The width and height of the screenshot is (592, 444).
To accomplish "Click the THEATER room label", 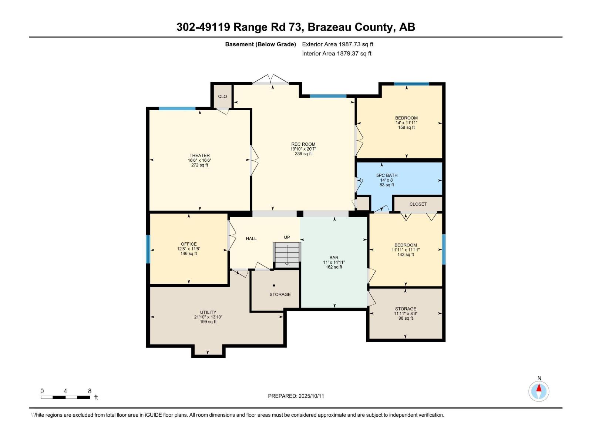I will (x=199, y=155).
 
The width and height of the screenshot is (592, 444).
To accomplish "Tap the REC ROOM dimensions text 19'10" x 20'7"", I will (x=303, y=149).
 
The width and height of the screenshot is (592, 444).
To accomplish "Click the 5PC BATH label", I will (x=387, y=175).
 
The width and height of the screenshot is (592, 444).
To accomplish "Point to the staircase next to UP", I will (x=287, y=255).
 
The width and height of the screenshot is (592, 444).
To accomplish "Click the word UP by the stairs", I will (x=287, y=237).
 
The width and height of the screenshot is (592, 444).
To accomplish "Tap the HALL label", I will (x=251, y=239).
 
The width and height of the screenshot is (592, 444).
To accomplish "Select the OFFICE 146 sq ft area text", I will (x=189, y=254).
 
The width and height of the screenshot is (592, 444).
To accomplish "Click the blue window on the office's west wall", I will (x=148, y=249).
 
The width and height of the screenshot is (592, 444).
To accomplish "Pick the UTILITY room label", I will (x=208, y=312).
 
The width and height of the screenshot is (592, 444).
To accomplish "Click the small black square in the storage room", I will (x=274, y=285).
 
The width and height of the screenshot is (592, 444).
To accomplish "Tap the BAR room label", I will (x=334, y=258).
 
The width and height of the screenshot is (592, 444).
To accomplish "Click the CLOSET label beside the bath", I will (x=418, y=204).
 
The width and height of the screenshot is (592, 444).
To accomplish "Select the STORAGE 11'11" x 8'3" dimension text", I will (x=406, y=313).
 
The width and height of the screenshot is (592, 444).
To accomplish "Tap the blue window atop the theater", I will (x=177, y=108).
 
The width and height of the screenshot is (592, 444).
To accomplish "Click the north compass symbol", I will (x=539, y=391).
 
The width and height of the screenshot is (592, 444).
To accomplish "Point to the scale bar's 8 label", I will (x=90, y=391).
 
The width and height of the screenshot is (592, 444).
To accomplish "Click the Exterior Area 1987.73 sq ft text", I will (x=337, y=44).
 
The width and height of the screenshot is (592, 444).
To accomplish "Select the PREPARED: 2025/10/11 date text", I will (x=296, y=396).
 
